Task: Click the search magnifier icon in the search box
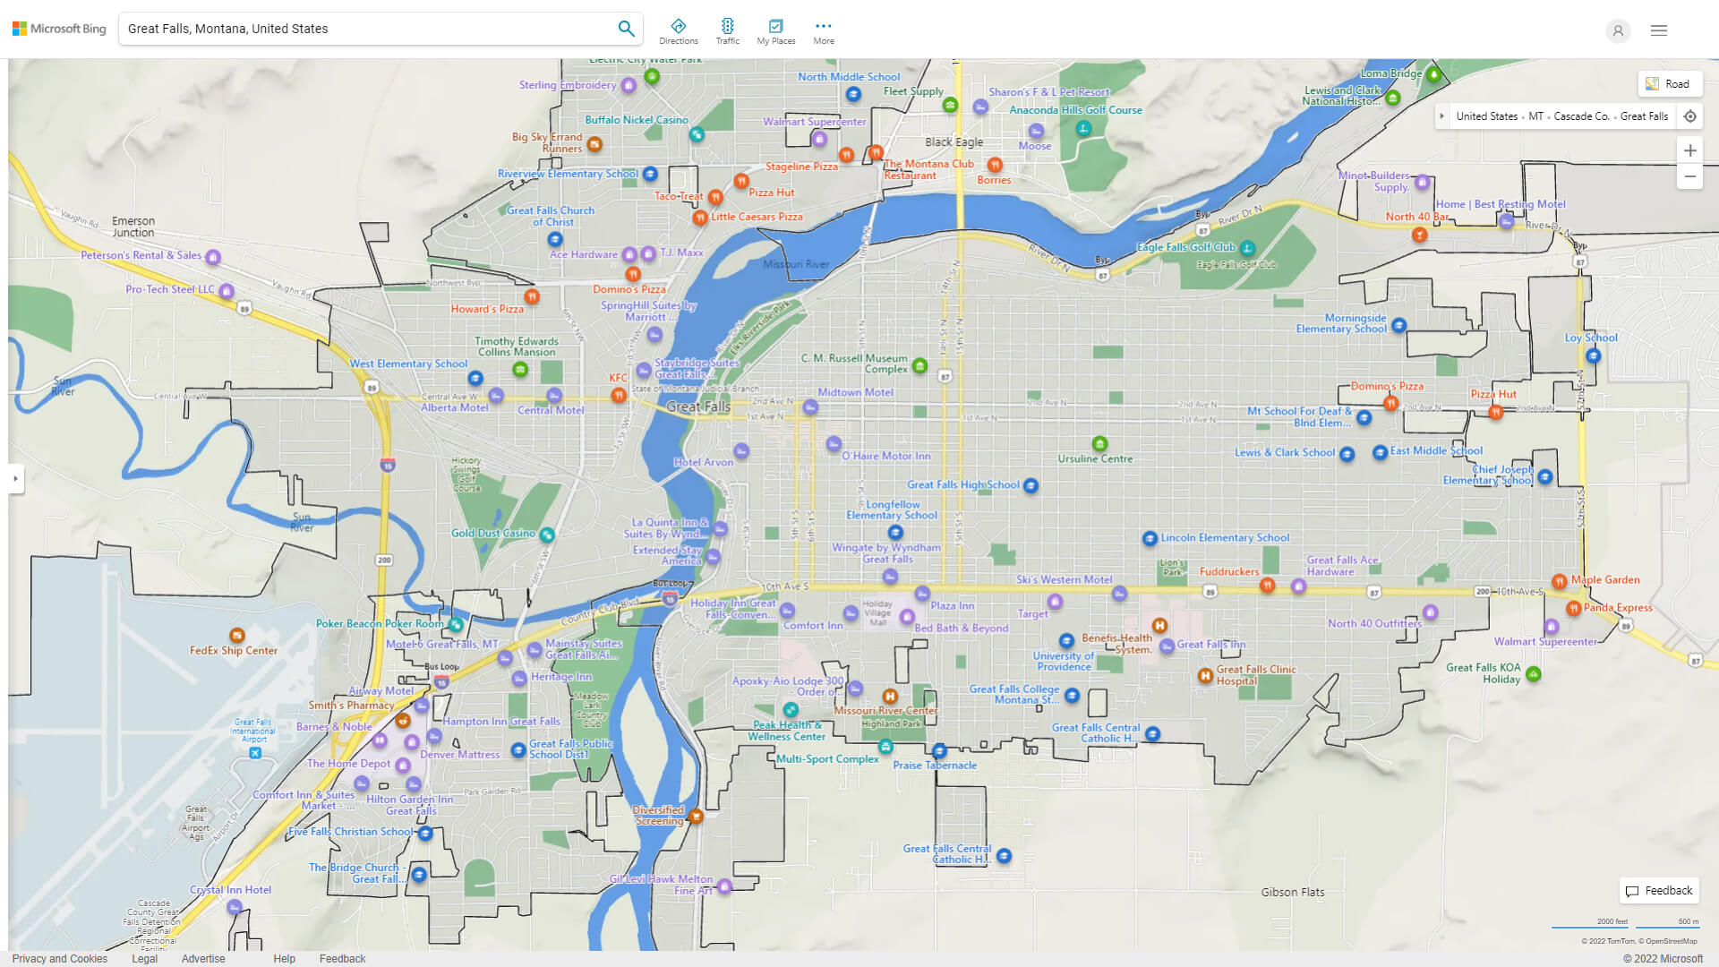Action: [x=626, y=29]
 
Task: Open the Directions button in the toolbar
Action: [x=678, y=30]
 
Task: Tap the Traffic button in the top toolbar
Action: [x=727, y=30]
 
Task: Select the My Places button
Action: [x=775, y=30]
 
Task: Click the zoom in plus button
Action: [x=1689, y=150]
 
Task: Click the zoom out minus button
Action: [x=1689, y=176]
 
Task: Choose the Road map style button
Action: [x=1669, y=84]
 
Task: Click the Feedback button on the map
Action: [x=1659, y=891]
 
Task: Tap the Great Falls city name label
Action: [x=698, y=406]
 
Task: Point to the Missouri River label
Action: [x=796, y=264]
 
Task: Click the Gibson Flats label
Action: [x=1292, y=892]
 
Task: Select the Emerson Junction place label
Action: [x=133, y=227]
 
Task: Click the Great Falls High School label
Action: [x=962, y=484]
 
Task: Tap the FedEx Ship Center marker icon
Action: [x=236, y=636]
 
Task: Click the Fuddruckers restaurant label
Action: [x=1228, y=571]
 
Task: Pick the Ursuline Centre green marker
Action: [x=1099, y=444]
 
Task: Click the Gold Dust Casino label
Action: [x=492, y=533]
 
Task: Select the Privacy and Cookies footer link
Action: [x=59, y=958]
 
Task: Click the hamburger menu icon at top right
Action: [x=1658, y=30]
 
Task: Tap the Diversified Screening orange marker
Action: [x=696, y=816]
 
